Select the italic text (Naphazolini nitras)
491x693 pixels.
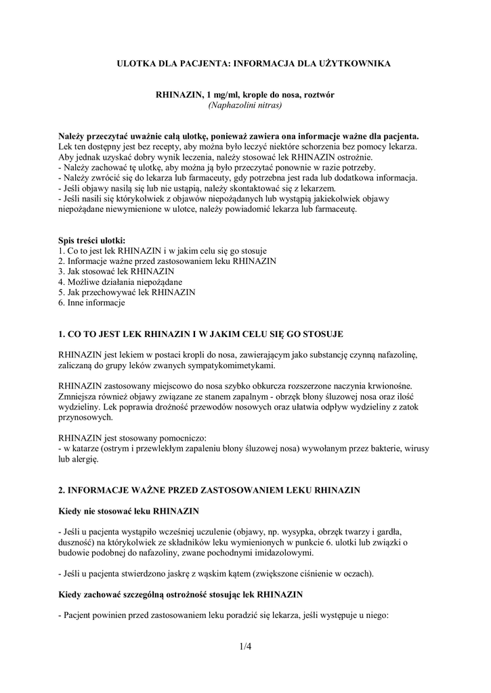[245, 106]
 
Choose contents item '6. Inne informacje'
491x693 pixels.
[91, 303]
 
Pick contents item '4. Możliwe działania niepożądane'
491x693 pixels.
[120, 282]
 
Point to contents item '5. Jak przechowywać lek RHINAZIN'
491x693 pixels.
[127, 292]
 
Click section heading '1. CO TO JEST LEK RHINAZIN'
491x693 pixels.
[201, 334]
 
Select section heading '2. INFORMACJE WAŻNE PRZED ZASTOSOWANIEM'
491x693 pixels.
[209, 489]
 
